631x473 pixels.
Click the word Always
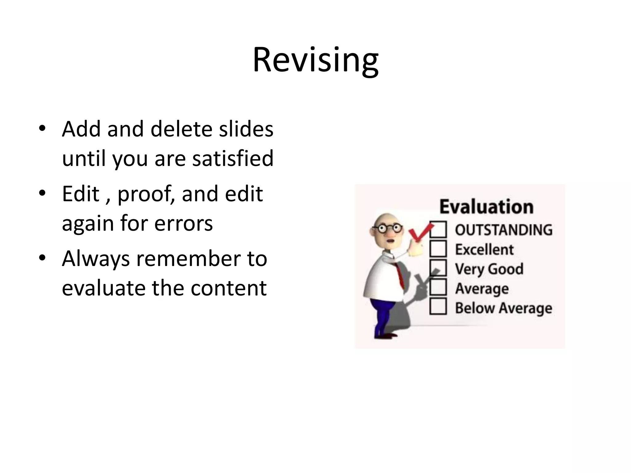96,259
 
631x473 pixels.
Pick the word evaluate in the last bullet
103,288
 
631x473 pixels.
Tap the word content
228,288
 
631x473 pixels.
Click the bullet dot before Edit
42,193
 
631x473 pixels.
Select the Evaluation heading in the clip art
486,207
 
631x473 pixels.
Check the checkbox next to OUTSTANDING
438,230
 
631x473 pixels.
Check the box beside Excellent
438,249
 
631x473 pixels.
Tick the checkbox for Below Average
438,306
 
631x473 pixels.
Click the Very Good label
489,269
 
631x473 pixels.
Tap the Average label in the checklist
482,289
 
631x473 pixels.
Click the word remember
188,259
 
